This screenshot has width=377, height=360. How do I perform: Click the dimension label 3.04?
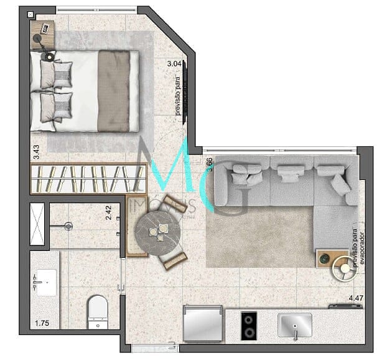click(175, 63)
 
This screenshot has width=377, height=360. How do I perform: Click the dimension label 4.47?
click(356, 298)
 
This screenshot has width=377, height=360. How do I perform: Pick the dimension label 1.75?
click(42, 323)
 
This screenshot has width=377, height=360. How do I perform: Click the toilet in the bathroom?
click(97, 311)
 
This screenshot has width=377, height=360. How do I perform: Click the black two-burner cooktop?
click(249, 323)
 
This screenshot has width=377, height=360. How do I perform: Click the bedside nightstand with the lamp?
click(44, 35)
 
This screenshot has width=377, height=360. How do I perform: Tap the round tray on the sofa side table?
click(342, 268)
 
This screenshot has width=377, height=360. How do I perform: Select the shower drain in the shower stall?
click(68, 225)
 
